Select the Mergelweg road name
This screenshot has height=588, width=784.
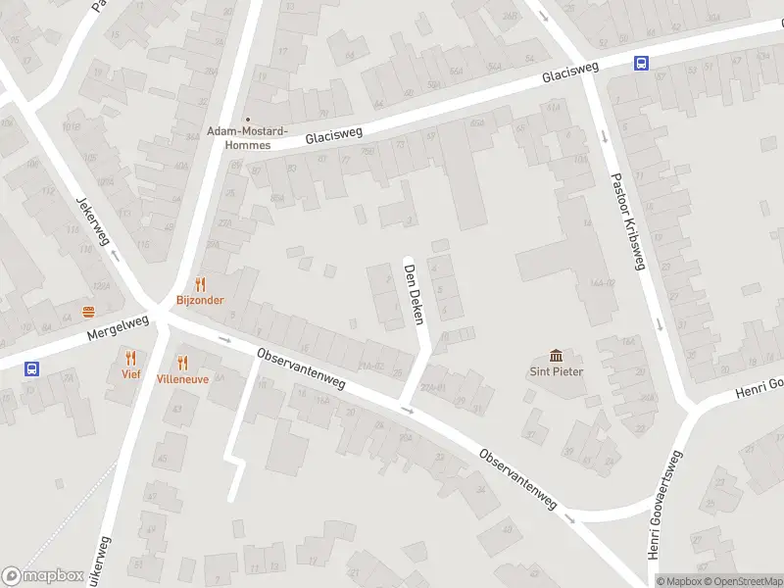pyautogui.click(x=117, y=326)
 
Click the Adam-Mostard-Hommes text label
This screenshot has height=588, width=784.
pyautogui.click(x=246, y=137)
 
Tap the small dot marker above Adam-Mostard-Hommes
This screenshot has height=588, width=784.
pyautogui.click(x=246, y=120)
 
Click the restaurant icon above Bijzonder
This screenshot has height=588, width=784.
pyautogui.click(x=200, y=284)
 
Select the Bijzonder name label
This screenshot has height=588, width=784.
pyautogui.click(x=200, y=300)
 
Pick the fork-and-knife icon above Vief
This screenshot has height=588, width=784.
pyautogui.click(x=131, y=358)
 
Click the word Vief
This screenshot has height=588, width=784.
pyautogui.click(x=131, y=374)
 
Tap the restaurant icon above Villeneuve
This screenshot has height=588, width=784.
pyautogui.click(x=181, y=362)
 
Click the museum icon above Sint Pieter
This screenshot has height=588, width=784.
pyautogui.click(x=557, y=355)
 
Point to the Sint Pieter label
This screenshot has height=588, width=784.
pyautogui.click(x=557, y=371)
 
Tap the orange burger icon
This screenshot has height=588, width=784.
pyautogui.click(x=89, y=313)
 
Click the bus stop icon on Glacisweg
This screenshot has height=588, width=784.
pyautogui.click(x=641, y=64)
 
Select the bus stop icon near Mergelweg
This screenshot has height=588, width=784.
pyautogui.click(x=32, y=369)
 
